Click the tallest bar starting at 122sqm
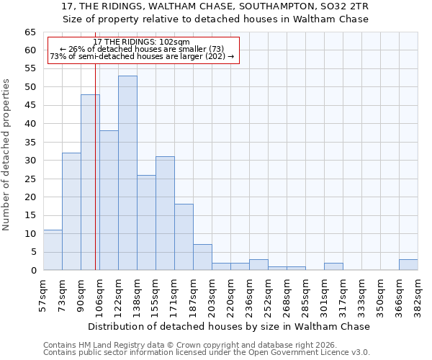127,173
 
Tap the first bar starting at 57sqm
53,250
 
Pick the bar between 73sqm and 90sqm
71,212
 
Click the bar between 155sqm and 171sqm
165,213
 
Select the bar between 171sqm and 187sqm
184,237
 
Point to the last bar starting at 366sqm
408,264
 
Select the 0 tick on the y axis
33,271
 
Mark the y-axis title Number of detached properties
7,155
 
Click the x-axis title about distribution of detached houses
230,326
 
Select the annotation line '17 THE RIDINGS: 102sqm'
142,42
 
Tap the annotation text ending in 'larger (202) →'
142,57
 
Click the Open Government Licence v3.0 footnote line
207,353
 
